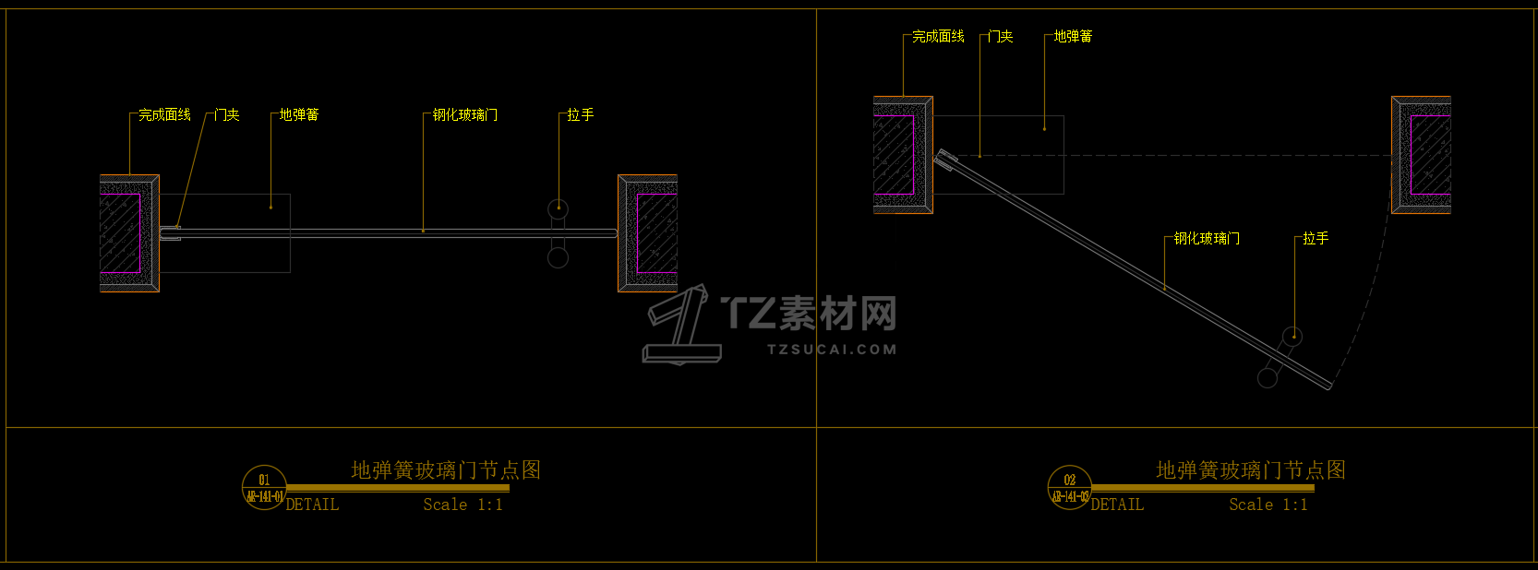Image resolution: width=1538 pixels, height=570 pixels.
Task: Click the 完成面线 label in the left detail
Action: pyautogui.click(x=164, y=115)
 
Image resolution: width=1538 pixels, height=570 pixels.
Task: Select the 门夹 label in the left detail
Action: pyautogui.click(x=226, y=115)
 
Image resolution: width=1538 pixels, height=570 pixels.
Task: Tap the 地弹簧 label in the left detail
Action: pyautogui.click(x=299, y=115)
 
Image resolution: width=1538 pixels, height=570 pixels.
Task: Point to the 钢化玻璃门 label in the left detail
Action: pyautogui.click(x=465, y=115)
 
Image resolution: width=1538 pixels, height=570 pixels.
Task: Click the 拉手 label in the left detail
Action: pyautogui.click(x=581, y=115)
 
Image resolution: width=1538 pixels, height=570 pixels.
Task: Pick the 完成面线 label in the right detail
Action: pyautogui.click(x=938, y=37)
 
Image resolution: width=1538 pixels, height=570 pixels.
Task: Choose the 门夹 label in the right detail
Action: pyautogui.click(x=1000, y=37)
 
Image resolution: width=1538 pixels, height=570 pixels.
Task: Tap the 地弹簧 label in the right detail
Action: pyautogui.click(x=1073, y=37)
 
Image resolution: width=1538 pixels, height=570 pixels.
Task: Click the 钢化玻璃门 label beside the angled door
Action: pyautogui.click(x=1207, y=239)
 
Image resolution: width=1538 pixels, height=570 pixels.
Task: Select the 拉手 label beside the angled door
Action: pyautogui.click(x=1316, y=239)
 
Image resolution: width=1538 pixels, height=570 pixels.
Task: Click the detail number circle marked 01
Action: pyautogui.click(x=264, y=487)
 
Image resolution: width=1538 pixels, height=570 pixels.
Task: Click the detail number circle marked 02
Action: pyautogui.click(x=1069, y=487)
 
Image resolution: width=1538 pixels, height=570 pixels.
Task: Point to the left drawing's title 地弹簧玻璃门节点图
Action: pyautogui.click(x=446, y=470)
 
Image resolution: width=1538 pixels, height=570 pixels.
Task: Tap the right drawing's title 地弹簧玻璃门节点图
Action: pyautogui.click(x=1251, y=470)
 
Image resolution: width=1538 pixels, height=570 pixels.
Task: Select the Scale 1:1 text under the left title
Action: pyautogui.click(x=463, y=505)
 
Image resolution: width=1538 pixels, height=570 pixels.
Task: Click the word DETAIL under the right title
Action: pyautogui.click(x=1117, y=505)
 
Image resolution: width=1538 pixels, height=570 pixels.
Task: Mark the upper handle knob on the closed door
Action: pyautogui.click(x=558, y=209)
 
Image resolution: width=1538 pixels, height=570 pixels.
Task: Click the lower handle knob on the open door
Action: pyautogui.click(x=1268, y=377)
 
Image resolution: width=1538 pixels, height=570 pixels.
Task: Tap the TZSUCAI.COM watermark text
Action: pyautogui.click(x=832, y=350)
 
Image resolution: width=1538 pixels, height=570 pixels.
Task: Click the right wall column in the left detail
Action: pyautogui.click(x=647, y=233)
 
